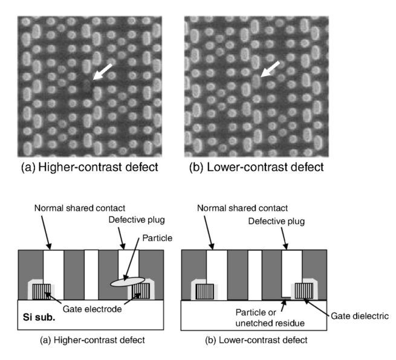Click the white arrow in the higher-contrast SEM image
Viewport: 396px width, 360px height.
(102, 71)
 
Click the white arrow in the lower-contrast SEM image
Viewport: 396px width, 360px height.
(270, 69)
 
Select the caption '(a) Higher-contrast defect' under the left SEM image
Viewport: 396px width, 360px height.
(89, 167)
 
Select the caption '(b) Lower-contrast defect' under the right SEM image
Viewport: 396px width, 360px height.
(256, 167)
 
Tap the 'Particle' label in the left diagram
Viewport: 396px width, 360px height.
(157, 238)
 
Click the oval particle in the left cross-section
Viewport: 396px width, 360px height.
(128, 282)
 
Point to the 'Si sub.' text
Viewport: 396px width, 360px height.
(39, 317)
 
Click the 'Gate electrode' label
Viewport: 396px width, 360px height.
(92, 309)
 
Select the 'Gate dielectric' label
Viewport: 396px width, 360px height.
(359, 316)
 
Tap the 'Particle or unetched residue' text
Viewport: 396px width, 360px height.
(270, 318)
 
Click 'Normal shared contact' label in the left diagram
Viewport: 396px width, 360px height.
(80, 208)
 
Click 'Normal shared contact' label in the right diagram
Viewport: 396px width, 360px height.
(242, 208)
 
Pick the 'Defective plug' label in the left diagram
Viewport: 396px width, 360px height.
(137, 220)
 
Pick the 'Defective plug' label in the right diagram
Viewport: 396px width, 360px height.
(276, 221)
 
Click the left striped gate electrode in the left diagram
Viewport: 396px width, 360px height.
(42, 292)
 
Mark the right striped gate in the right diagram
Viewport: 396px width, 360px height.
(304, 291)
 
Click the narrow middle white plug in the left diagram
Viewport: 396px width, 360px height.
(91, 275)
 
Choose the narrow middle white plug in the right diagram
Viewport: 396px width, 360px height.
(255, 275)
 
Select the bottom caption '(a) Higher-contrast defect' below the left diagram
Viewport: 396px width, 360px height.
(93, 340)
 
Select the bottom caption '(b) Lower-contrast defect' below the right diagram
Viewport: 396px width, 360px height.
(256, 340)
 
